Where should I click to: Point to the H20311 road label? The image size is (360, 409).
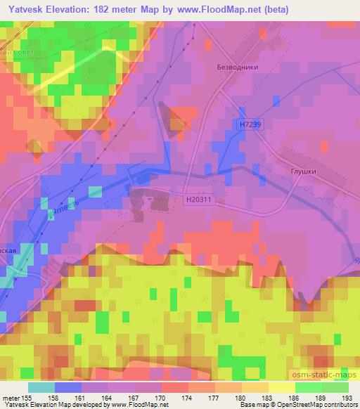200,200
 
